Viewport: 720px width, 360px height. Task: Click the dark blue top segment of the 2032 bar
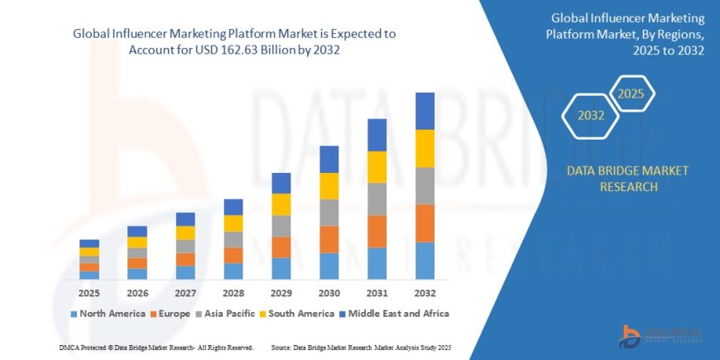click(425, 111)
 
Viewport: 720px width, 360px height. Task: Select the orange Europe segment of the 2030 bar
click(329, 239)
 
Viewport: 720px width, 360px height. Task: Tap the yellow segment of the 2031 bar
click(377, 167)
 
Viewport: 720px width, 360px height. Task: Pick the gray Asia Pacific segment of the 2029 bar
click(281, 226)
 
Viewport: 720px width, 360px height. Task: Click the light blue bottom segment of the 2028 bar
click(233, 271)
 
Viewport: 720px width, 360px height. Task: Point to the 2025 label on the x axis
click(89, 293)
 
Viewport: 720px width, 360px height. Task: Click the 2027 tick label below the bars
click(185, 293)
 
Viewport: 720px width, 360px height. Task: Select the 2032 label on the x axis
click(425, 293)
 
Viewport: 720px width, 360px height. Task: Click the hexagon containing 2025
click(631, 93)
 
